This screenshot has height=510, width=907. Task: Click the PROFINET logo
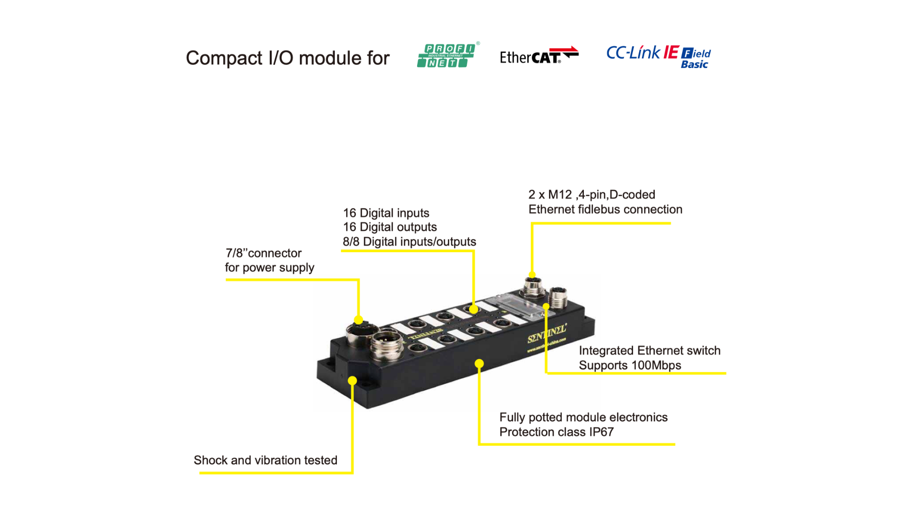coord(446,56)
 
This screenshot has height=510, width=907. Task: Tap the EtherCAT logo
coord(538,56)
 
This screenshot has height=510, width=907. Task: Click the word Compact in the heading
coord(223,58)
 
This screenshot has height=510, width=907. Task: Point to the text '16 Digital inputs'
coord(386,213)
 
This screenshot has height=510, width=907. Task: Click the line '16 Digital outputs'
coord(390,227)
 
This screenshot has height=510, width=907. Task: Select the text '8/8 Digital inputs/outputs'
coord(409,242)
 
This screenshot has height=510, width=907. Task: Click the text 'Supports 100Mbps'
coord(630,365)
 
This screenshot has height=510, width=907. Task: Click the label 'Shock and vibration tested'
coord(265,460)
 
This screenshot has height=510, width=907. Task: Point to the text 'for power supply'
coord(269,268)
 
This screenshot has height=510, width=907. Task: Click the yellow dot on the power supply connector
coord(359,320)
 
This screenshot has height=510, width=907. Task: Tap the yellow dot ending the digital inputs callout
coord(474,310)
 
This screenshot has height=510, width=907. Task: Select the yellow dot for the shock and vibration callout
coord(352,381)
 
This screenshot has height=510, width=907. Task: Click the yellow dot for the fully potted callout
coord(479,364)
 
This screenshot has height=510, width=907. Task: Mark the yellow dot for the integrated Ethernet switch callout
coord(546,306)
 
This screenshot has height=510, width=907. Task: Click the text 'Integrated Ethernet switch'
coord(650,351)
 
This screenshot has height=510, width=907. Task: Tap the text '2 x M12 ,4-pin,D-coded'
coord(591,195)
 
